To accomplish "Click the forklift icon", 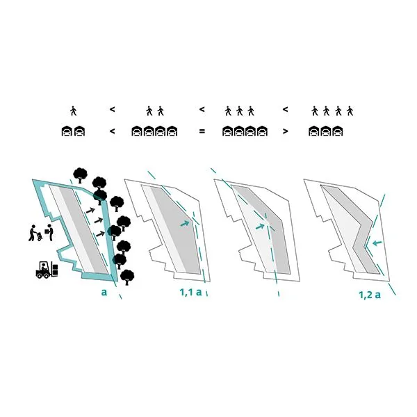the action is (47, 270).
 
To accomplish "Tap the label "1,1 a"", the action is (190, 293).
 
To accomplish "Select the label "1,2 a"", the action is (370, 295).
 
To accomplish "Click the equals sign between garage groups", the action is (202, 131).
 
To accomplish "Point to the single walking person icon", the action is (74, 111).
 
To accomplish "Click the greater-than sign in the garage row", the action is (285, 131).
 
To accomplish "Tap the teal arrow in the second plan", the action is (185, 224).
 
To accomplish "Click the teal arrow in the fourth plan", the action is (377, 243).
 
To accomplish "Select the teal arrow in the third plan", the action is (260, 227).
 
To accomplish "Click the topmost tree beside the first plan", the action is (80, 175).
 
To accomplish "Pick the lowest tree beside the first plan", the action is (127, 277).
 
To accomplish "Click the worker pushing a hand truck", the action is (35, 234).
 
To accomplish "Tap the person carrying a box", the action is (50, 232).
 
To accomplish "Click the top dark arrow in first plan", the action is (90, 211).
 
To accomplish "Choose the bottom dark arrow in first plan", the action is (100, 234).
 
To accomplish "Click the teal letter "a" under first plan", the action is (104, 293).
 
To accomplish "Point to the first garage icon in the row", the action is (67, 131).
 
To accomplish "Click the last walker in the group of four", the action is (350, 111).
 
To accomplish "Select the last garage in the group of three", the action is (338, 131).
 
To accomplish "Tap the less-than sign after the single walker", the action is (112, 109).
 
